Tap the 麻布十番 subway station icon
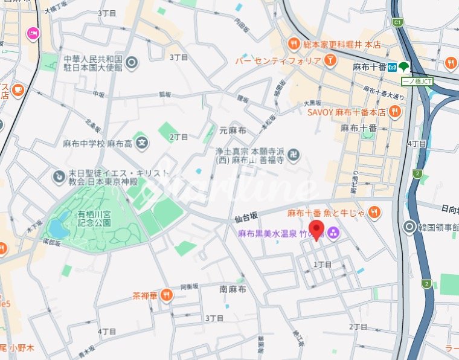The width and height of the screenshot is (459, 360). (392, 66)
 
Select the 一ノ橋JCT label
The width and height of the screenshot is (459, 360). (417, 81)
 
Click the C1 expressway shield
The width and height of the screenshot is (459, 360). (397, 22)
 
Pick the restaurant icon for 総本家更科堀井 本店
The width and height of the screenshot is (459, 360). (294, 43)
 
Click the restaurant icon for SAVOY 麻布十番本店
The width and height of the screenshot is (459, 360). (394, 111)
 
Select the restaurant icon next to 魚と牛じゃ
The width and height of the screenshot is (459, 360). (374, 212)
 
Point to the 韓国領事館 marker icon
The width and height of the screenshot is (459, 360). (409, 227)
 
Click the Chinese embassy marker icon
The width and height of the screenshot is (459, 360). (132, 62)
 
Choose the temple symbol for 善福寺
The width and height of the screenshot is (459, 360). (294, 155)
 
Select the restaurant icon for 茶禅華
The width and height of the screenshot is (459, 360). (166, 295)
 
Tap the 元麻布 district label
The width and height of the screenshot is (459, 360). (232, 130)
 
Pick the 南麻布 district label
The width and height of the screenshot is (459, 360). (233, 289)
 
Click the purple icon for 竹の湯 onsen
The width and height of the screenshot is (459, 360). (333, 233)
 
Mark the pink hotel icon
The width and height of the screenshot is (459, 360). (31, 33)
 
